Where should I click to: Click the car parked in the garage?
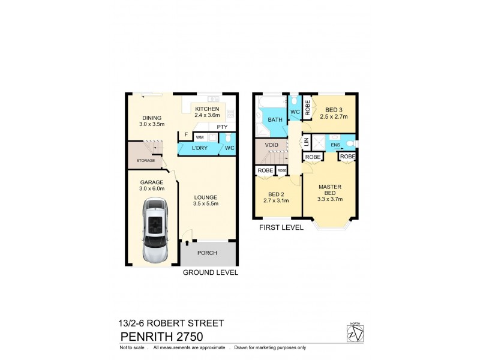coord(157,230)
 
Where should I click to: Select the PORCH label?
coord(207,253)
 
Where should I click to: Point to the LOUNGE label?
coord(205,197)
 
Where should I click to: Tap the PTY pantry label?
coord(222,127)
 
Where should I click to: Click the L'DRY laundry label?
coord(200,148)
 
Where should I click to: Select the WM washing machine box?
coord(199,137)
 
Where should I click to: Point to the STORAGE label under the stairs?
coord(146,161)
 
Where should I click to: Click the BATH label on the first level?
coord(275,120)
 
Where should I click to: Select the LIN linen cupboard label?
coord(306,142)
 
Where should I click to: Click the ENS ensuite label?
coord(335,145)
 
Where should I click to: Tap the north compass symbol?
coord(355,332)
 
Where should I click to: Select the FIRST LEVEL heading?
coord(280,227)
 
